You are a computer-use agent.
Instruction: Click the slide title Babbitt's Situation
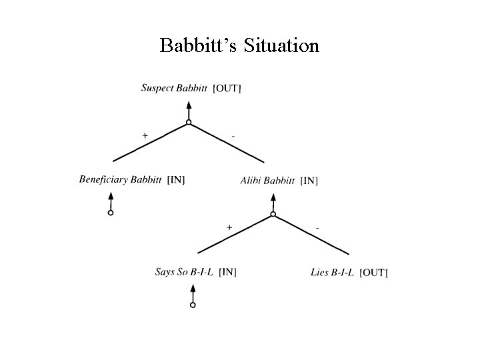[239, 45]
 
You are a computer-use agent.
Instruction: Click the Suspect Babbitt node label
[175, 88]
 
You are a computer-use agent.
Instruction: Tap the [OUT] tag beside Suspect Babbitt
[227, 89]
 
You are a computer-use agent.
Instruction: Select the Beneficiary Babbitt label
[120, 179]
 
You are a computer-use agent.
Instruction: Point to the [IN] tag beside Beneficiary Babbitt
[176, 180]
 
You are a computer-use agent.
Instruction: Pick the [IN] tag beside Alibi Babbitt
[309, 181]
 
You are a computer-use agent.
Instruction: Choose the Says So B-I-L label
[184, 271]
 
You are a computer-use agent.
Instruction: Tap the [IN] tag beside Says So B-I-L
[227, 271]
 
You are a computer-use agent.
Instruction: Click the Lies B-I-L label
[332, 272]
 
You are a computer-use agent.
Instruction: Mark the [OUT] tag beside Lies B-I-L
[373, 272]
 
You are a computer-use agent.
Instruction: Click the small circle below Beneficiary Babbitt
[111, 213]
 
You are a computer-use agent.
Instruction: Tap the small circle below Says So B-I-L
[193, 305]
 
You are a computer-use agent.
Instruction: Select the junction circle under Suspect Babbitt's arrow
[189, 122]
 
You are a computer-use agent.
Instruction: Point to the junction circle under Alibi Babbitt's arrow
[273, 214]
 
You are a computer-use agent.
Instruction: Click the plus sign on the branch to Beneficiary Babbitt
[145, 135]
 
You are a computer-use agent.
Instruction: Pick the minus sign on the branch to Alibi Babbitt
[233, 136]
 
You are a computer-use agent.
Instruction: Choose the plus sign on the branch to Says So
[229, 227]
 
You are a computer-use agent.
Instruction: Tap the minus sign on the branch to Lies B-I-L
[317, 228]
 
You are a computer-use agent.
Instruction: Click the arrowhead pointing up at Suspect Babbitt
[189, 105]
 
